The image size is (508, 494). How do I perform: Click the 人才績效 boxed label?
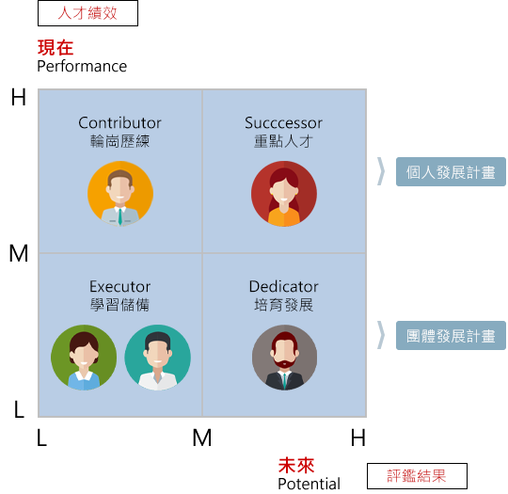coord(87,13)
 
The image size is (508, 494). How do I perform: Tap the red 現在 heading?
coord(56,48)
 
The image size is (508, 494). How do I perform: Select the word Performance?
coord(82,67)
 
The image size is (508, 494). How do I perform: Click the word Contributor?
coord(119,123)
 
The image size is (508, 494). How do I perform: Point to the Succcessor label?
coord(283,123)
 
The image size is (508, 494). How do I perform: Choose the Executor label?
coord(119,287)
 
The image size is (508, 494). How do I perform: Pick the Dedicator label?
coord(284,287)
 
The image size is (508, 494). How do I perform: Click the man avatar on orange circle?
coord(120,194)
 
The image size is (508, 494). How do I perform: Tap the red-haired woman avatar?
coord(284,194)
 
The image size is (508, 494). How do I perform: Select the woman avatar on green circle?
coord(84,358)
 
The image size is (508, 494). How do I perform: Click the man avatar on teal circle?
coord(158,358)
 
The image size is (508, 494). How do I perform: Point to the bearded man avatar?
coord(284,358)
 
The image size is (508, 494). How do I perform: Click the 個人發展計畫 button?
coord(451,172)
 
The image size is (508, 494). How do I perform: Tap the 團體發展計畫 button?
coord(451,336)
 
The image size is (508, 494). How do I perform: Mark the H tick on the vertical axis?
coord(19,97)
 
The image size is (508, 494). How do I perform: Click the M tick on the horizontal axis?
coord(202,438)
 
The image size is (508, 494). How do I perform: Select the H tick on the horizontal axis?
coord(358,438)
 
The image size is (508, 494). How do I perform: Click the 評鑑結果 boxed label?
coord(417,476)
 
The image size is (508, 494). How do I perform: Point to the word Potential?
coord(310,484)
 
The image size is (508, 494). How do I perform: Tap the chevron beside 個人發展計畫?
coord(381,171)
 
